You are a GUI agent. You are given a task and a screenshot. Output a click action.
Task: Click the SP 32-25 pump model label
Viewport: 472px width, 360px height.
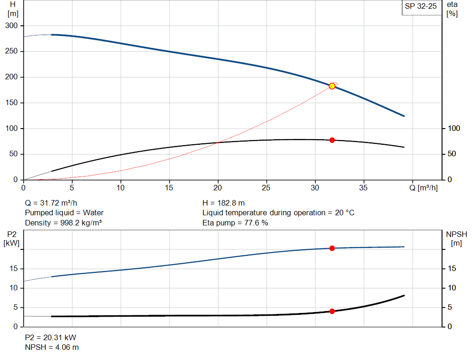click(x=420, y=7)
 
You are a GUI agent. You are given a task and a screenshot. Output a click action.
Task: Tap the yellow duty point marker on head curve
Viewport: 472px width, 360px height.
click(x=332, y=86)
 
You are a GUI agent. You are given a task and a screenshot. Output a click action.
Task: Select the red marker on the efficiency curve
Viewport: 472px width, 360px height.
click(x=332, y=140)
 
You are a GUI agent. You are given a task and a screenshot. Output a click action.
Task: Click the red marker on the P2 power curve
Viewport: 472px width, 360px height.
click(x=332, y=248)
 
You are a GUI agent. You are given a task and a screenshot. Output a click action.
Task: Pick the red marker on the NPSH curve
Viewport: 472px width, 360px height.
click(x=332, y=311)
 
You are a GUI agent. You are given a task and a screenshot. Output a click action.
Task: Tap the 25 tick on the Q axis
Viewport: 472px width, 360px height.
click(x=266, y=188)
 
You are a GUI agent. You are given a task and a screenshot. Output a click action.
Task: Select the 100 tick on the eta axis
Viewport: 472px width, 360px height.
click(x=454, y=128)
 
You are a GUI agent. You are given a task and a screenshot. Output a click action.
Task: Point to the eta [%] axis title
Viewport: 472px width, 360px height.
click(x=452, y=9)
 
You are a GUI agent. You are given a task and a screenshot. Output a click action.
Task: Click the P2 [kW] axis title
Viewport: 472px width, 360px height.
click(x=12, y=238)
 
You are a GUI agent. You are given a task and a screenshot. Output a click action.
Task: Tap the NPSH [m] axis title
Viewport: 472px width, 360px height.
click(x=456, y=238)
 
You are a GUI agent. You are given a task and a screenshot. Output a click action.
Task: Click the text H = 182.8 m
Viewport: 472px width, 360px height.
click(x=224, y=203)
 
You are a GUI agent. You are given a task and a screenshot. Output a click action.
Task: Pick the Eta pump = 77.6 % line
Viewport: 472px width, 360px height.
click(x=235, y=223)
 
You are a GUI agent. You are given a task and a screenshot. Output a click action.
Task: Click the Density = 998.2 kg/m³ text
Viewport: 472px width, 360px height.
click(x=63, y=223)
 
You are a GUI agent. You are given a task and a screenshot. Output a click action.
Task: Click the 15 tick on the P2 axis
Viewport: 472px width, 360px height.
click(x=15, y=269)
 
